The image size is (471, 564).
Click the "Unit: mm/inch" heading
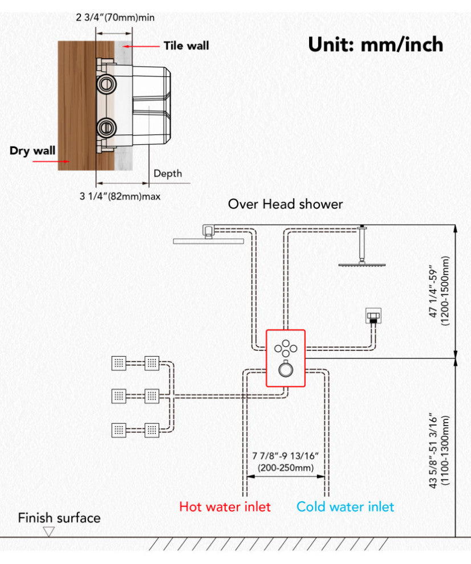pos(375,44)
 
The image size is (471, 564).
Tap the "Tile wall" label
pos(186,46)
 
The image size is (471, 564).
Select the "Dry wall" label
pos(33,151)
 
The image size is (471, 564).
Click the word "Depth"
pos(168,173)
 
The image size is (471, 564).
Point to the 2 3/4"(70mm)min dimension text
pos(115,17)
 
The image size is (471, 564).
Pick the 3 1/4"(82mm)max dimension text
pos(120,197)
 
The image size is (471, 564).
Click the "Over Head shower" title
pos(285,204)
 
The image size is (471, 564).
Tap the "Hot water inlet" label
pos(225,506)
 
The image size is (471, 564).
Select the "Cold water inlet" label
pos(345,506)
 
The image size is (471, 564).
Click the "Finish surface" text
pos(59,518)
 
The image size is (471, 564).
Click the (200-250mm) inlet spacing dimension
pos(285,468)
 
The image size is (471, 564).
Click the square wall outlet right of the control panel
pos(373,314)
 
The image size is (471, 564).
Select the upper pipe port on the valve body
pos(105,84)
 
